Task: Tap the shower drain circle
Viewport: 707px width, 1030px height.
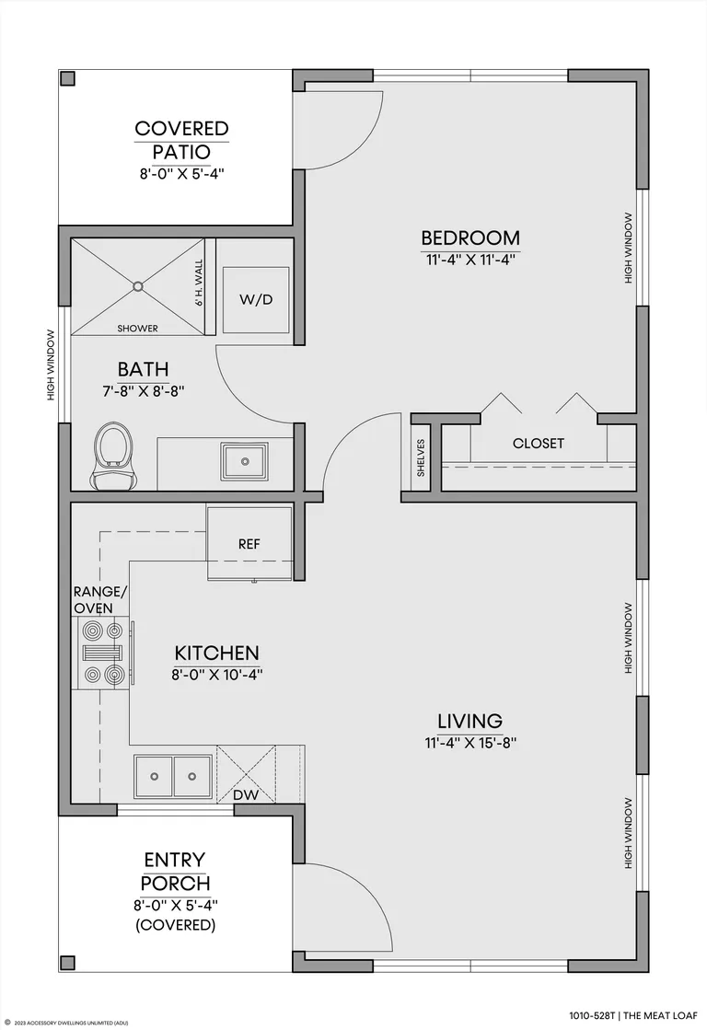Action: (x=138, y=286)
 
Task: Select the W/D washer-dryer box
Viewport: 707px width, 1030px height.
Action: (x=256, y=299)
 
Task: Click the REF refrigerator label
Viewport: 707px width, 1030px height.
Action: (x=249, y=544)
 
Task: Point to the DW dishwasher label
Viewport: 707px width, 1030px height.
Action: (x=246, y=795)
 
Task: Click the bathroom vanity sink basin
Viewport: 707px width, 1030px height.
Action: (x=245, y=461)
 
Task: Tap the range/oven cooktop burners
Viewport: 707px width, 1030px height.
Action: (x=103, y=653)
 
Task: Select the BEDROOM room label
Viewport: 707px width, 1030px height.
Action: (x=470, y=237)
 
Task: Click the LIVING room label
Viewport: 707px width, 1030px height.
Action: (x=470, y=722)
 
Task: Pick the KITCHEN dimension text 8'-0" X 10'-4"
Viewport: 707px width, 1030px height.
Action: (x=217, y=675)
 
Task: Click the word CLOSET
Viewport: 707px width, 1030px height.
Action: (x=539, y=444)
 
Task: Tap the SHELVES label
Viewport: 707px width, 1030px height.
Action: (x=421, y=457)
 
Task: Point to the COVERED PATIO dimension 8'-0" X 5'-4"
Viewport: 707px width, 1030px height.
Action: (x=182, y=174)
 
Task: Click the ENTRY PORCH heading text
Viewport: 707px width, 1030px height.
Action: (x=176, y=871)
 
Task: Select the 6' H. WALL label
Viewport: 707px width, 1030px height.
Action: (x=199, y=284)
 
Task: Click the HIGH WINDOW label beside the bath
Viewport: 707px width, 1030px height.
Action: (x=51, y=365)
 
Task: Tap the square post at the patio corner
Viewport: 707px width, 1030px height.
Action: (x=68, y=78)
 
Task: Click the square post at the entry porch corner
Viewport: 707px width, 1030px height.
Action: (x=68, y=962)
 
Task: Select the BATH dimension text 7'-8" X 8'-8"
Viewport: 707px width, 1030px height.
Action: (x=143, y=391)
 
